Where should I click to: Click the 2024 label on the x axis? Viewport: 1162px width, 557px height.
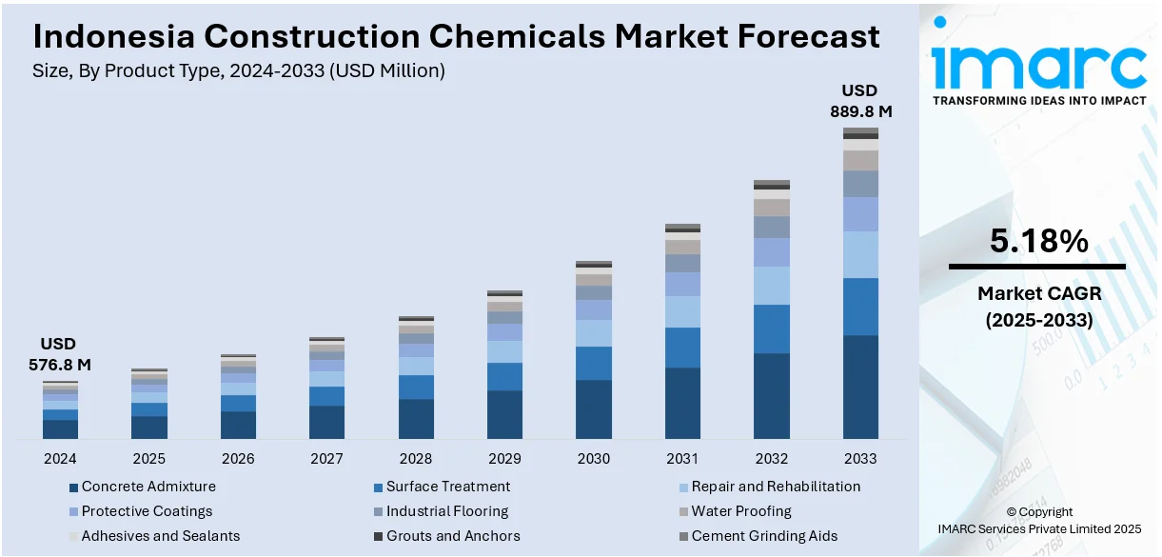click(60, 458)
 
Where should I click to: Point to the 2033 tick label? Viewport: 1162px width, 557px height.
click(860, 458)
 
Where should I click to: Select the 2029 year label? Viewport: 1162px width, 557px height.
click(504, 458)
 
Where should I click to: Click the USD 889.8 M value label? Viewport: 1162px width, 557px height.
click(859, 101)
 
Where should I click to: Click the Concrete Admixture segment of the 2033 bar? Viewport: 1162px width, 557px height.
click(860, 387)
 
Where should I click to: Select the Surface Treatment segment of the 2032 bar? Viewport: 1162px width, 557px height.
click(772, 328)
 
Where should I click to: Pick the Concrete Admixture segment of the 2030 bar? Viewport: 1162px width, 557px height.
click(594, 409)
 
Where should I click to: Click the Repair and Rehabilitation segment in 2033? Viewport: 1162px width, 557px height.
click(860, 254)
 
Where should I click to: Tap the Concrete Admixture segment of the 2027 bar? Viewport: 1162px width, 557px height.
click(326, 422)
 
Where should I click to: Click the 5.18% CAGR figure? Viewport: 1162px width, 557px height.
click(1038, 242)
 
